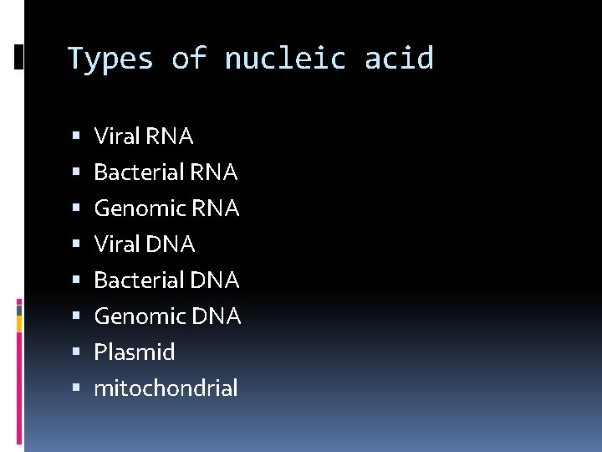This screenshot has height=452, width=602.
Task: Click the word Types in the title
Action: [x=110, y=59]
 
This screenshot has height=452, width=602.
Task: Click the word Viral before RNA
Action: [x=116, y=136]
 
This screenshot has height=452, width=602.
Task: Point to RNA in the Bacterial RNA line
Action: [x=214, y=172]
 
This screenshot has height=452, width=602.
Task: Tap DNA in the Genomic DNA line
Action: [x=216, y=316]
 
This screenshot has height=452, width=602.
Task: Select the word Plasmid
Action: [x=135, y=352]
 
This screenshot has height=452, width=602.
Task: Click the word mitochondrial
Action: [x=166, y=388]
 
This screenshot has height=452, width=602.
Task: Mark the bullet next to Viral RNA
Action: [x=77, y=136]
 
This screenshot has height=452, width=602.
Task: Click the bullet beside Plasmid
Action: [x=77, y=352]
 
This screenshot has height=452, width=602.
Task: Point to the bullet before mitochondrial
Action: [x=77, y=388]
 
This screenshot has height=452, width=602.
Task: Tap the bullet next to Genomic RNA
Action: [x=77, y=208]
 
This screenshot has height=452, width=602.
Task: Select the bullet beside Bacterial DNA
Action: [x=77, y=280]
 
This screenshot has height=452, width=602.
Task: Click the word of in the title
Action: [x=189, y=59]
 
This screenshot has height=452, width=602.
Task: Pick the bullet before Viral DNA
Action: [x=77, y=244]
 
